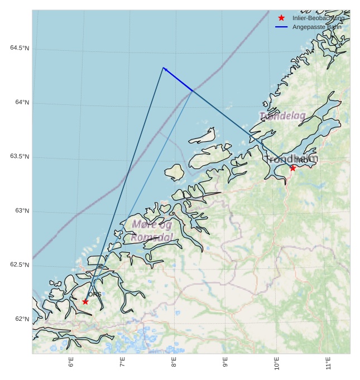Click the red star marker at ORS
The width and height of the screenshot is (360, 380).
point(85,301)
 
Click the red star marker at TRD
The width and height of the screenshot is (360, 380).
point(292,168)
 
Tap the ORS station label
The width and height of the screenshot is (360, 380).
point(95,294)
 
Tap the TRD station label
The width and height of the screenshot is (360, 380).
point(301,161)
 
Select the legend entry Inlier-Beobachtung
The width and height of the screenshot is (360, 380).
point(318,18)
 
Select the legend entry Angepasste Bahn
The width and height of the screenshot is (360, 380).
point(316,27)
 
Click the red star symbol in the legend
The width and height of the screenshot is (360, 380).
point(281,18)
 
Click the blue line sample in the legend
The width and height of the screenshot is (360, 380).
point(281,27)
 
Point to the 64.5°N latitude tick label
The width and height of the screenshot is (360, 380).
point(20,48)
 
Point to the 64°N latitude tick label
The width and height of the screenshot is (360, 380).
point(21,103)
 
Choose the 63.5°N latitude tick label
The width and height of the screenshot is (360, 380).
point(20,157)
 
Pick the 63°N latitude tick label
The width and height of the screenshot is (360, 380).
point(21,211)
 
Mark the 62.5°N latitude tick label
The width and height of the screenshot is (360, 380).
point(20,265)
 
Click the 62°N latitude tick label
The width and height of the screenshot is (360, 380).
point(21,319)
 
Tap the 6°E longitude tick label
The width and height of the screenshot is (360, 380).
point(71,363)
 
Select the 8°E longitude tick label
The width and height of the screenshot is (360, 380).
point(174,363)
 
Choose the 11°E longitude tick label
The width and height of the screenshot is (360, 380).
point(328,363)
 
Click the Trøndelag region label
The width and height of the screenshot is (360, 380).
point(283,116)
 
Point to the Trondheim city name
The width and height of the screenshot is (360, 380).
point(292,159)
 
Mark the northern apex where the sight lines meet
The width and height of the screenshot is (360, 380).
point(163,68)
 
